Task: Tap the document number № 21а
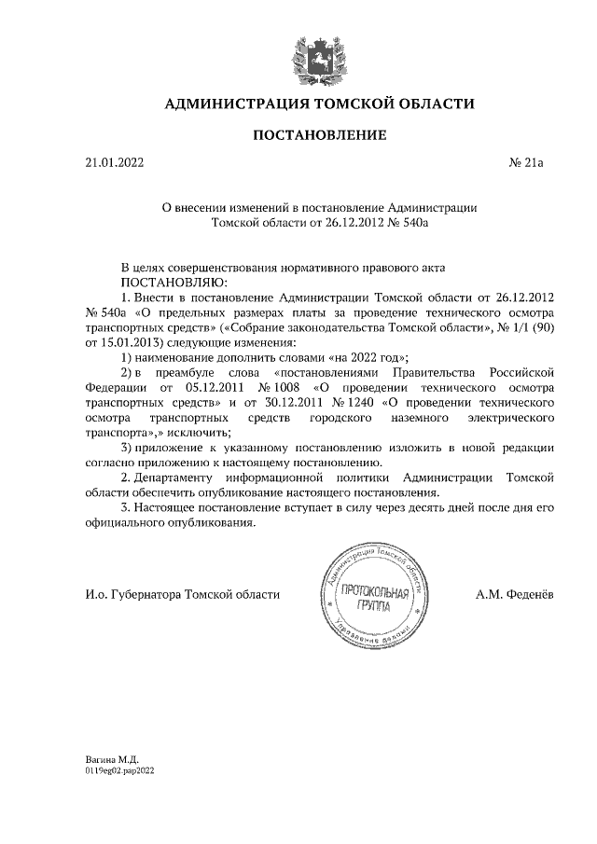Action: click(x=525, y=163)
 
